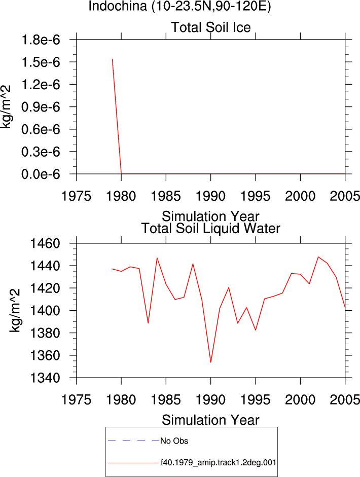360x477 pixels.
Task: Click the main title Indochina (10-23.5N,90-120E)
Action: pos(179,6)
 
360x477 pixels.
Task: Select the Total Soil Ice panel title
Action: pos(211,27)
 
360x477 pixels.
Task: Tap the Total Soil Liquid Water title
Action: pos(210,229)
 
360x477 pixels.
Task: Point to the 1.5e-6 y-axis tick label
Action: pos(41,62)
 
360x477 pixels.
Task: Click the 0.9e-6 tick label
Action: pos(41,107)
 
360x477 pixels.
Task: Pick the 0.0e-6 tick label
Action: pos(41,174)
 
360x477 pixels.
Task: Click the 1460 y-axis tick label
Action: pos(45,243)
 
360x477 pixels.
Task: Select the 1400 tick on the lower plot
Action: pos(45,311)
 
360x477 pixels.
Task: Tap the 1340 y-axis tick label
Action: pos(45,378)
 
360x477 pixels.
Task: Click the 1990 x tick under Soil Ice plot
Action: pos(210,196)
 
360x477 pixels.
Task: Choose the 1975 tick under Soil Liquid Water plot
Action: pos(77,400)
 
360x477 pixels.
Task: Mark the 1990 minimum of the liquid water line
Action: pos(210,362)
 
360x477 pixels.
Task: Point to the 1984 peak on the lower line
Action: pos(157,258)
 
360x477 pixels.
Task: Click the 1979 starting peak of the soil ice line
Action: pos(112,59)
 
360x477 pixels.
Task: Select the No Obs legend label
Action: pos(174,441)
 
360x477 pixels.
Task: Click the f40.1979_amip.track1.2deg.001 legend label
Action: pos(219,463)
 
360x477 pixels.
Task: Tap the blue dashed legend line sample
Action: pos(133,441)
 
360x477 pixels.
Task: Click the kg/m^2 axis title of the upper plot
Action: pos(6,107)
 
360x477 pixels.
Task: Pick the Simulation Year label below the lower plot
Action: pos(210,420)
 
